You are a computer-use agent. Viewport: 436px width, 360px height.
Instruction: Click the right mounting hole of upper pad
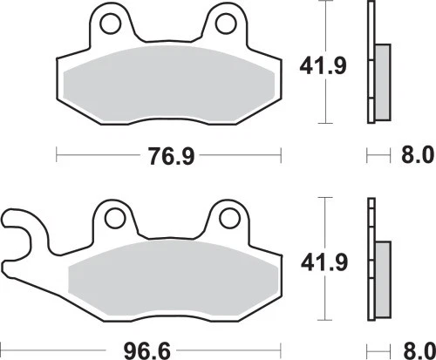[x=225, y=18]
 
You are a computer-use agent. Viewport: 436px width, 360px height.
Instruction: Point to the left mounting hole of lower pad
[x=112, y=214]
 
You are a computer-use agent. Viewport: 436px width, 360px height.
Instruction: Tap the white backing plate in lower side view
[x=371, y=227]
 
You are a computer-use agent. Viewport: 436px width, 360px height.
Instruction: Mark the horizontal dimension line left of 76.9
[x=96, y=158]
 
